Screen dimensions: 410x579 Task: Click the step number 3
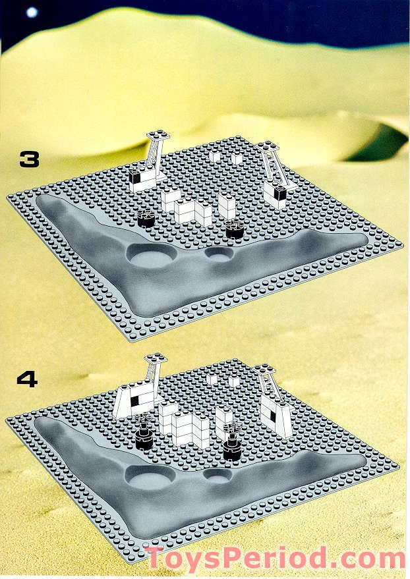pos(29,160)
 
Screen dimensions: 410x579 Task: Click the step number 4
pos(27,379)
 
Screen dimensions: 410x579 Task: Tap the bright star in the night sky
pos(32,12)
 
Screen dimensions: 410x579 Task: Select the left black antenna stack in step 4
pos(143,431)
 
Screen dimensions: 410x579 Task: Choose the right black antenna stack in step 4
pos(231,442)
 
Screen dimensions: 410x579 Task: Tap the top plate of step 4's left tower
pos(156,358)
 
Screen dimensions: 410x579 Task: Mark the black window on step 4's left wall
pos(136,400)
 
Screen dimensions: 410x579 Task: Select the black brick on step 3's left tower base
pos(135,178)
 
